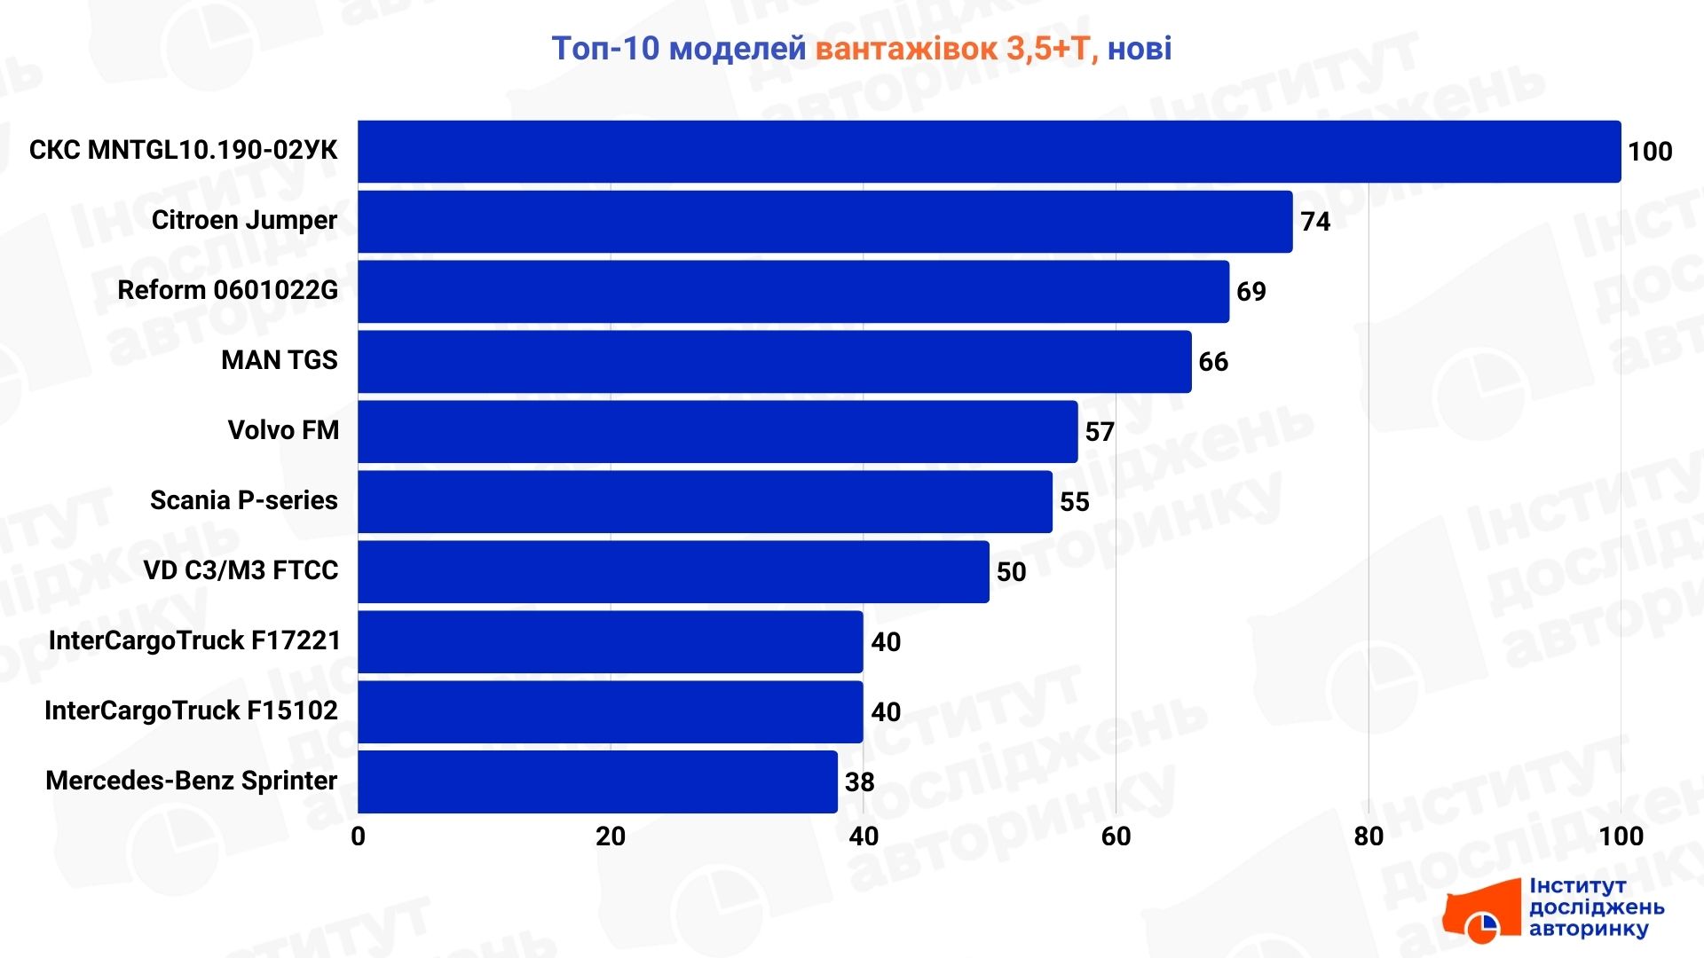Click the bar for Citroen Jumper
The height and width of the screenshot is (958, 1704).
point(824,222)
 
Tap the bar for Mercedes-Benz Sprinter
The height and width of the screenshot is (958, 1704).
point(597,781)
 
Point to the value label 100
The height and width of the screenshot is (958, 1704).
point(1650,152)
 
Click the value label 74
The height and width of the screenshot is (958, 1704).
point(1315,222)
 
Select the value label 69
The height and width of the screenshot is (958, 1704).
point(1251,292)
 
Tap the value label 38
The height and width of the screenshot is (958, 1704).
point(860,782)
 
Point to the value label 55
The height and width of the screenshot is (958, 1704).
point(1075,502)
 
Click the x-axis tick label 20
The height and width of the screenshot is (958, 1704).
point(611,836)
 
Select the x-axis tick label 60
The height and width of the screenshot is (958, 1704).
point(1116,836)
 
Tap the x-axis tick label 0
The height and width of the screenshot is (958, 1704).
point(358,836)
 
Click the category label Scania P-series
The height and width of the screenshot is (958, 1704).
point(244,500)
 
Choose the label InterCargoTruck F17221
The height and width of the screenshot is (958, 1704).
point(194,640)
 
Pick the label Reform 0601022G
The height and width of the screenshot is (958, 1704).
point(228,290)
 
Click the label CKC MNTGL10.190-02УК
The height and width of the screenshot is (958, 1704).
point(184,150)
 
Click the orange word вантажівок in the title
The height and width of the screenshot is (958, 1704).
point(906,49)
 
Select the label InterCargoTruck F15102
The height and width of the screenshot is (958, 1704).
point(191,711)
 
